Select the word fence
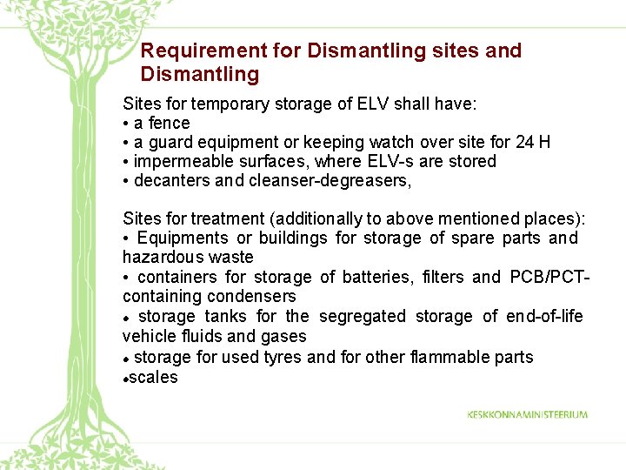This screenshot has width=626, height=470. pos(169,124)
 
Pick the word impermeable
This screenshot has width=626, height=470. pos(181,162)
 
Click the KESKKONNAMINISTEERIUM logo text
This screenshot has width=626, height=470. pos(527,415)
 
